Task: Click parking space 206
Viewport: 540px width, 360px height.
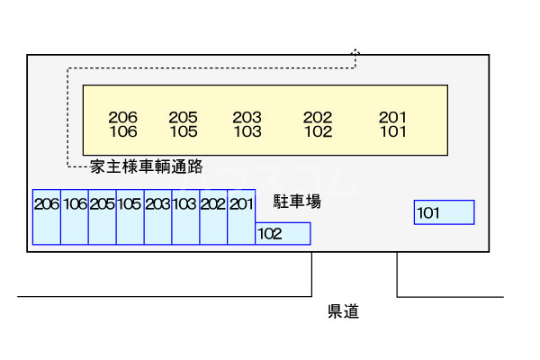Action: [47, 217]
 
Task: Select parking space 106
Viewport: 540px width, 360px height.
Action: [75, 217]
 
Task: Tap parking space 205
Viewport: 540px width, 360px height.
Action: [103, 217]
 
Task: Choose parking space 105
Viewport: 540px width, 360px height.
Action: [130, 217]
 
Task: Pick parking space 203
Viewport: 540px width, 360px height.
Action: [158, 217]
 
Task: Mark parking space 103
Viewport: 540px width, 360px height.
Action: [185, 217]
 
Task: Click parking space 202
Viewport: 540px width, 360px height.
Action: [213, 217]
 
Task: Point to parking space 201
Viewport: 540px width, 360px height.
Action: [241, 217]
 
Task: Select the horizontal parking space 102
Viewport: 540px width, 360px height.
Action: [283, 234]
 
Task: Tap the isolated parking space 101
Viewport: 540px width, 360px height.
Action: [445, 212]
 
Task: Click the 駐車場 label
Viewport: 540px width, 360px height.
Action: [297, 202]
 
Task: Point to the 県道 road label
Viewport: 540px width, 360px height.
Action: [344, 311]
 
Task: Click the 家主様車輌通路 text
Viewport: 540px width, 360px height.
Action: [147, 166]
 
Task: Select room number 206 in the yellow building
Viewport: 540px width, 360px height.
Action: [123, 118]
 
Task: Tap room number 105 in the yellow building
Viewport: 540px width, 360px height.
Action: [184, 131]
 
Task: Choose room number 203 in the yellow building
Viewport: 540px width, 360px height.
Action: [247, 118]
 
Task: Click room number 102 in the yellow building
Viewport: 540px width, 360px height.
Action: [319, 131]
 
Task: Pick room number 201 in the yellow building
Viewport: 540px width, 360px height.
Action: [392, 118]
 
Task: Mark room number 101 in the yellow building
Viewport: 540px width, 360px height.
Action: [393, 131]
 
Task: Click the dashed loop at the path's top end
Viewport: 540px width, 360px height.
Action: [355, 50]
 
